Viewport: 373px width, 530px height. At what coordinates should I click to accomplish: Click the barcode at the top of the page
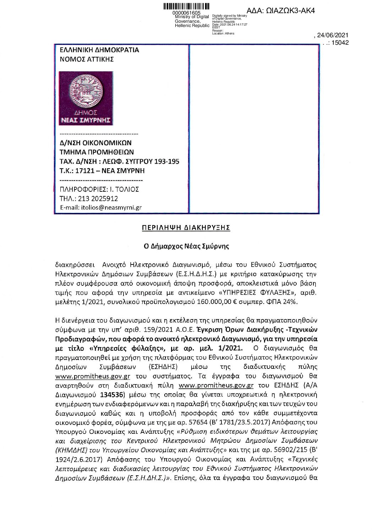186,6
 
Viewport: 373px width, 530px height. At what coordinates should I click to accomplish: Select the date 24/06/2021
333,35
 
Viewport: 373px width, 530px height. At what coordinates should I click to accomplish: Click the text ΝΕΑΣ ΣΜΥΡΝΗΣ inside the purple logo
87,120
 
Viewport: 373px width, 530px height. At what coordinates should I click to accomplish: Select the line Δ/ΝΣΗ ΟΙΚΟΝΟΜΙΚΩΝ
95,143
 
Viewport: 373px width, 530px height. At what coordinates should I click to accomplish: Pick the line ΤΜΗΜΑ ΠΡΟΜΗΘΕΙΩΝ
97,152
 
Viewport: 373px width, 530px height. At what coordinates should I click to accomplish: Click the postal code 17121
86,171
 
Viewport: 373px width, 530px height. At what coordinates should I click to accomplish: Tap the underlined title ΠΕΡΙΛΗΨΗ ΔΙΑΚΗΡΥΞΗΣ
186,227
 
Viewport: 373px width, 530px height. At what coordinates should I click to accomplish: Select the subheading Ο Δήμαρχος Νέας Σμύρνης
186,245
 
